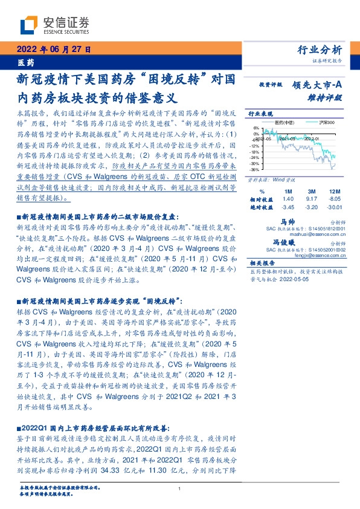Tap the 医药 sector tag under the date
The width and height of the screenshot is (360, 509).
pyautogui.click(x=24, y=62)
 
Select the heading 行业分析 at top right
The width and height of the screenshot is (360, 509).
pyautogui.click(x=320, y=50)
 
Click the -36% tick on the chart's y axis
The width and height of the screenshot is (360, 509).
pyautogui.click(x=256, y=169)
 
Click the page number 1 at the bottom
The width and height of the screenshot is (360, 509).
pyautogui.click(x=180, y=488)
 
